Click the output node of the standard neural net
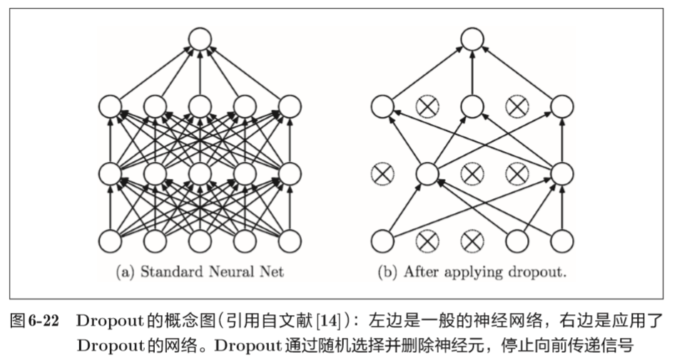tap(200, 39)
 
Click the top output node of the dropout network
tap(470, 39)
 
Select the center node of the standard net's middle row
tap(200, 173)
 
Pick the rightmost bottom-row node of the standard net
tap(290, 241)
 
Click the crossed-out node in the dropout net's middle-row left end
tap(382, 173)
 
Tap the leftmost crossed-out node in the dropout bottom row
tap(427, 241)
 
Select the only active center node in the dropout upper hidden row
tap(470, 107)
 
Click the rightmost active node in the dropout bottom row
tap(561, 241)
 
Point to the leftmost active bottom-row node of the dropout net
tap(382, 241)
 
